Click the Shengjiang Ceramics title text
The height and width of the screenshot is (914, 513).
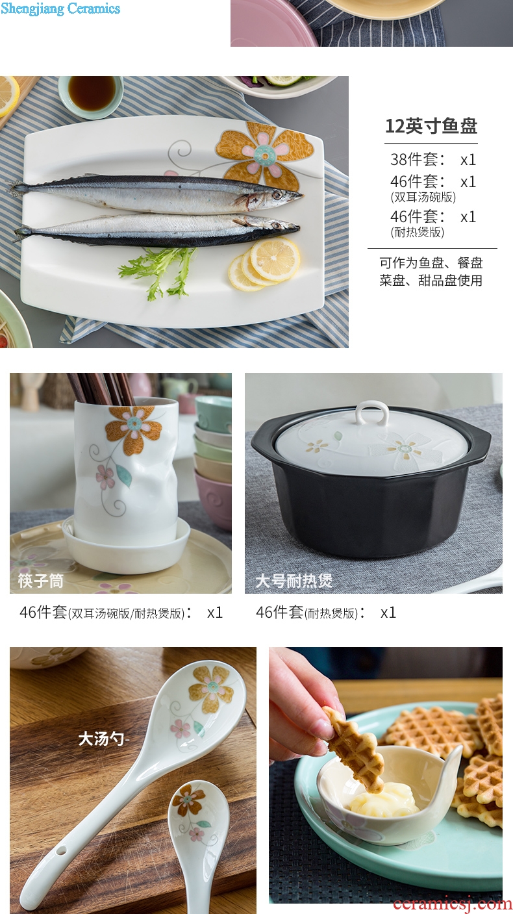pos(60,8)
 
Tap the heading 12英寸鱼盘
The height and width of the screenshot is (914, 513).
pos(431,125)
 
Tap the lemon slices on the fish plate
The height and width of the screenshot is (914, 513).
pos(264,264)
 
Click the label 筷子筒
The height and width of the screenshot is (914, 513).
pos(41,580)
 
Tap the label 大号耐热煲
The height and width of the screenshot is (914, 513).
pos(294,581)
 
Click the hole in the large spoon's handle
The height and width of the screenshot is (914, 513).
pos(61,850)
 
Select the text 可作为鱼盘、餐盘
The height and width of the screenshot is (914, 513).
pos(431,263)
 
